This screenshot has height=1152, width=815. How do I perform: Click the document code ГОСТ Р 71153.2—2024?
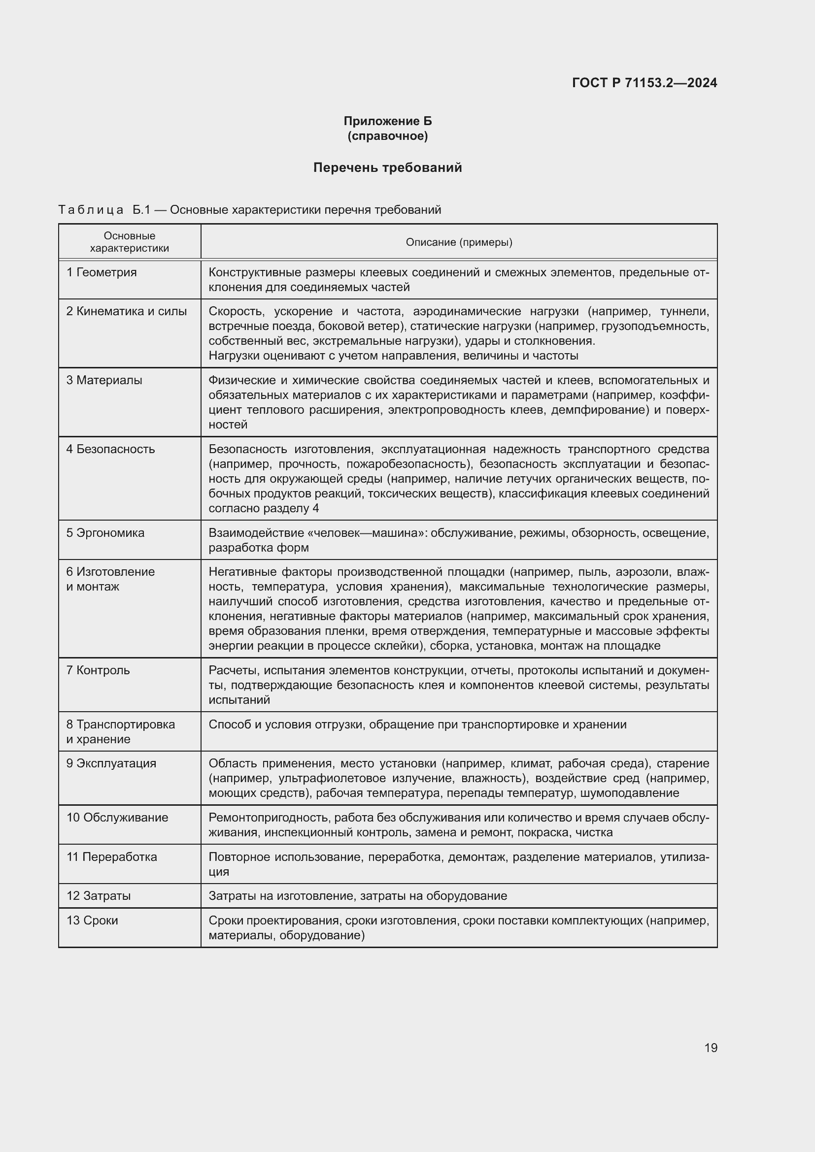pyautogui.click(x=645, y=83)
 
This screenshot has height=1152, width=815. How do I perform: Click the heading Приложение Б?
pyautogui.click(x=387, y=121)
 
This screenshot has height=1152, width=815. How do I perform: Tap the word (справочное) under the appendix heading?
pyautogui.click(x=387, y=136)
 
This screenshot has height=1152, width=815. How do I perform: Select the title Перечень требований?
pyautogui.click(x=387, y=167)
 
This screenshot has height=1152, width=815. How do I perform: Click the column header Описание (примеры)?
pyautogui.click(x=459, y=242)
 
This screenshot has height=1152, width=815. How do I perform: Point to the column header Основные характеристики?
pyautogui.click(x=130, y=242)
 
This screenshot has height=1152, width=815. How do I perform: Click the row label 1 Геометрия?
pyautogui.click(x=102, y=272)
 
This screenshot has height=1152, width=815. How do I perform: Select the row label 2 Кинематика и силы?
pyautogui.click(x=127, y=311)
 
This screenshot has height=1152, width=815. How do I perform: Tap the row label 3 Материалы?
pyautogui.click(x=104, y=380)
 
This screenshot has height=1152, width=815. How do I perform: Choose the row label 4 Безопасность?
pyautogui.click(x=110, y=449)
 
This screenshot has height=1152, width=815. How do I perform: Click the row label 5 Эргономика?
pyautogui.click(x=105, y=533)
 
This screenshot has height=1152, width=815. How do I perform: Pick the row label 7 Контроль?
pyautogui.click(x=98, y=670)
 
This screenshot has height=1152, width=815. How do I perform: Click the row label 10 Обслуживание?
pyautogui.click(x=117, y=818)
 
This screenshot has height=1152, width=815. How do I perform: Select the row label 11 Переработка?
pyautogui.click(x=111, y=856)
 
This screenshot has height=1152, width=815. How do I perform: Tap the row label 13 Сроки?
pyautogui.click(x=92, y=920)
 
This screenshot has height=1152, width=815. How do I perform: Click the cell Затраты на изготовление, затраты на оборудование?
pyautogui.click(x=357, y=895)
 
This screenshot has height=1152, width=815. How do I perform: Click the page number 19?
pyautogui.click(x=711, y=1048)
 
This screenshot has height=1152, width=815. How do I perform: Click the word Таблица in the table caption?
pyautogui.click(x=91, y=210)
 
